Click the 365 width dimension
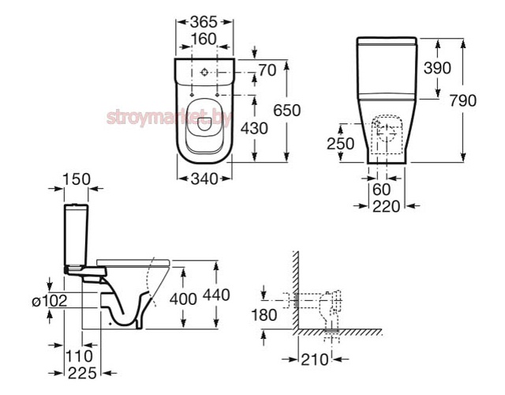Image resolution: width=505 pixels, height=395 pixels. click(204, 22)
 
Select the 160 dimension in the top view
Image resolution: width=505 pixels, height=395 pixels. click(204, 39)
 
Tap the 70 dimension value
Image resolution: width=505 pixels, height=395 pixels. click(267, 70)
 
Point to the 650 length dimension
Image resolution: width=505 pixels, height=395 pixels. click(286, 111)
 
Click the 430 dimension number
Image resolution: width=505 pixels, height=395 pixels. click(254, 128)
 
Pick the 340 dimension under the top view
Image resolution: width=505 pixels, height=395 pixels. click(204, 179)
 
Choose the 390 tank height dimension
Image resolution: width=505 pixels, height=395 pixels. click(437, 68)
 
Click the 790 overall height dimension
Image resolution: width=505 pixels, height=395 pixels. click(463, 100)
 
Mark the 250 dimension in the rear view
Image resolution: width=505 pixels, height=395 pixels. click(340, 144)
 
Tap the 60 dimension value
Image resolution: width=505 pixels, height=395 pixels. click(381, 190)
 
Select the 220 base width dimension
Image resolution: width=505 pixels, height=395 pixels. click(386, 206)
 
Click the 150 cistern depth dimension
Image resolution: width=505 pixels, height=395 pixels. click(77, 179)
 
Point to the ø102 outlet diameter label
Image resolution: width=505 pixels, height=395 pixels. click(50, 301)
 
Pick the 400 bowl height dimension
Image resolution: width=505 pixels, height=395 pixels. click(183, 299)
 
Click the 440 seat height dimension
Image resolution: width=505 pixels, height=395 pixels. click(216, 295)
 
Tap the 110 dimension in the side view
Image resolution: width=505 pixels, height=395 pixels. click(79, 356)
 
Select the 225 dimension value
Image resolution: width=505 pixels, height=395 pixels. click(82, 373)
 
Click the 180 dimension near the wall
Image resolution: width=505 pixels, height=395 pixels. click(264, 315)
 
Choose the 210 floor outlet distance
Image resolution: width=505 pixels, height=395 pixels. click(314, 359)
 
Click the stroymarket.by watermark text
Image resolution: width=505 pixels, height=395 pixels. click(169, 118)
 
